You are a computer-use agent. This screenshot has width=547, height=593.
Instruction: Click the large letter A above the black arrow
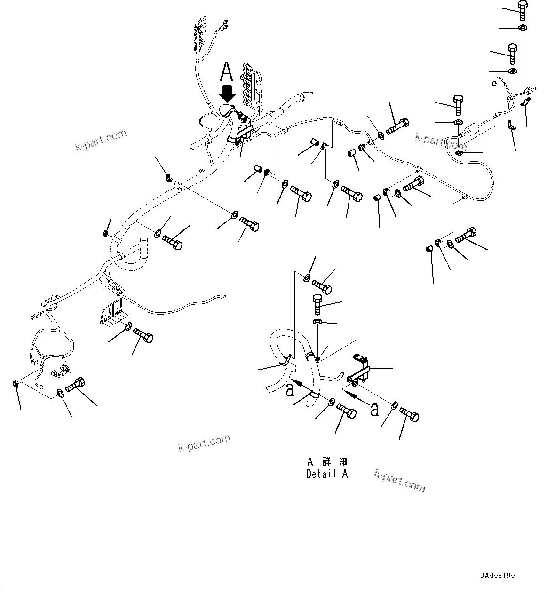tap(227, 72)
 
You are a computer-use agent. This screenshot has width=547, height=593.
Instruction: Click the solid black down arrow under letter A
tap(228, 93)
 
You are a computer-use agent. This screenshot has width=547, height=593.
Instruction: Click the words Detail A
tap(327, 474)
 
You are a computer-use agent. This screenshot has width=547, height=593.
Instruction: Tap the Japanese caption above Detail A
tap(327, 461)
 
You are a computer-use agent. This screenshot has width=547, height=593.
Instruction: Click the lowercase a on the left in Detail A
tap(291, 389)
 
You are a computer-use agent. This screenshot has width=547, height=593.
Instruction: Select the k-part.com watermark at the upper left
tap(101, 140)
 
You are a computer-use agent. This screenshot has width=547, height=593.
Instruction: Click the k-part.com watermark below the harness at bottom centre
tap(204, 443)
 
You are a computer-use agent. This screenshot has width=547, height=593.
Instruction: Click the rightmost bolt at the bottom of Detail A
tap(409, 415)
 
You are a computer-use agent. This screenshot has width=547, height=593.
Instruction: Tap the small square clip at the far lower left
tap(15, 384)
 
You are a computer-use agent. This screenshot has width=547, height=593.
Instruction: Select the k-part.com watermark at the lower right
tap(399, 481)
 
